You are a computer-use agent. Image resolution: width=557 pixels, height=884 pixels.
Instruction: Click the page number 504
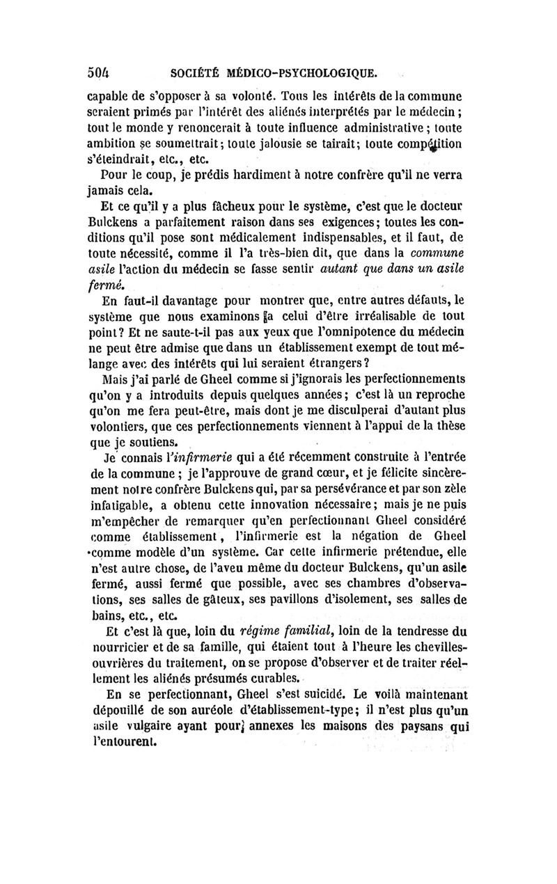point(100,71)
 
